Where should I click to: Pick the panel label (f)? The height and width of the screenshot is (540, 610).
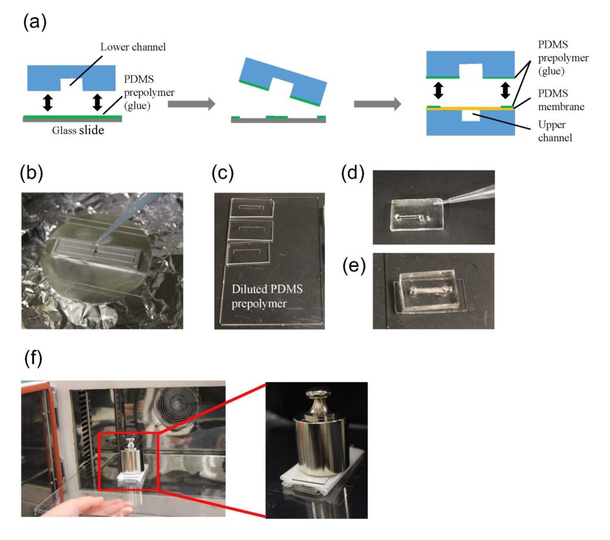click(35, 360)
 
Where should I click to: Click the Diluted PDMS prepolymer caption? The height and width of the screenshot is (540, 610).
click(267, 298)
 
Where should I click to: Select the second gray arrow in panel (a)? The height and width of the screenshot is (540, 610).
click(376, 104)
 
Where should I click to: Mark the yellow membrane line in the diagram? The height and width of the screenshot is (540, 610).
click(471, 108)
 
